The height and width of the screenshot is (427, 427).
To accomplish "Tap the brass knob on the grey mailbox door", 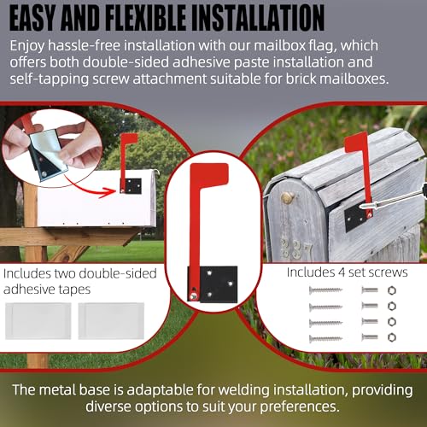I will point(287,199).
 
